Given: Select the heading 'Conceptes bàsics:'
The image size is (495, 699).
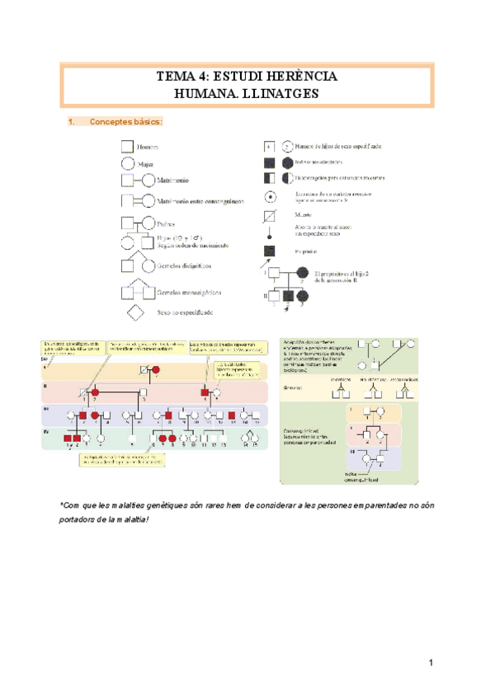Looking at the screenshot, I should tap(125, 122).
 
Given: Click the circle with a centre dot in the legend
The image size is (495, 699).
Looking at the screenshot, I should tap(270, 196).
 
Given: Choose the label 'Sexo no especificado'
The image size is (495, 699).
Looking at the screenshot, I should tap(186, 313).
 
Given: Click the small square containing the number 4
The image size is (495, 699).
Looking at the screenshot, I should tap(269, 146).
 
